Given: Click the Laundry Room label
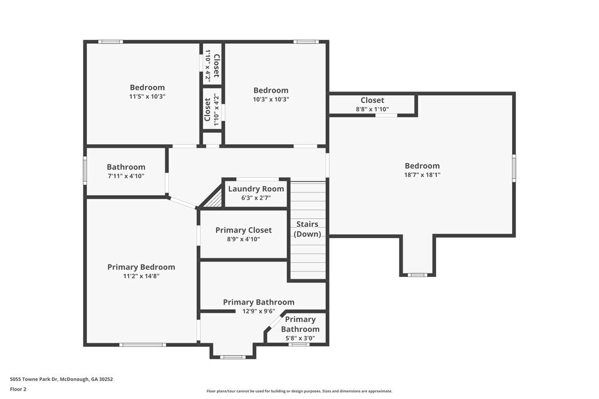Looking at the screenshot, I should pyautogui.click(x=256, y=189).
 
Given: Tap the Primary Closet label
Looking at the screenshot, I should pyautogui.click(x=243, y=230).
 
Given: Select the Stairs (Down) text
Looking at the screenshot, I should pyautogui.click(x=307, y=229).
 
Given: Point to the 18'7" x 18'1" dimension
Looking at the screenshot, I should pyautogui.click(x=422, y=175).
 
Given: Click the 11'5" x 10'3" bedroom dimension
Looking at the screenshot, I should pyautogui.click(x=147, y=96).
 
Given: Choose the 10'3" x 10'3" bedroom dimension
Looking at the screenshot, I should pyautogui.click(x=271, y=100).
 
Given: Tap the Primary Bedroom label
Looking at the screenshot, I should pyautogui.click(x=141, y=267).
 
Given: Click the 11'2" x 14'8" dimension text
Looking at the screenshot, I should pyautogui.click(x=141, y=276).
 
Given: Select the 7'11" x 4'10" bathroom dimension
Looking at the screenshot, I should pyautogui.click(x=126, y=176).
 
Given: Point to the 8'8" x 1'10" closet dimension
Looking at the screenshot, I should pyautogui.click(x=372, y=109).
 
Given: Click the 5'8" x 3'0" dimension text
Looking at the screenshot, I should pyautogui.click(x=299, y=338).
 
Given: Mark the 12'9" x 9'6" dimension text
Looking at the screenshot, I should pyautogui.click(x=258, y=311).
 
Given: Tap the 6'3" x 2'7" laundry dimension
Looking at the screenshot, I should pyautogui.click(x=256, y=198).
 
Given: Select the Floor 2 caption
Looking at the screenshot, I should pyautogui.click(x=18, y=389).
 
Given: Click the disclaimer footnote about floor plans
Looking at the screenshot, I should pyautogui.click(x=299, y=391).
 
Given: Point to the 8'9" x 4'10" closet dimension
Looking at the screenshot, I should pyautogui.click(x=243, y=239).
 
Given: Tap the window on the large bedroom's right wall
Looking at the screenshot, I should pyautogui.click(x=514, y=167).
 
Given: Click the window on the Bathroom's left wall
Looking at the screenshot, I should pyautogui.click(x=85, y=172).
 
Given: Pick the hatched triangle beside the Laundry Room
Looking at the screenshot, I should pyautogui.click(x=213, y=199).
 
